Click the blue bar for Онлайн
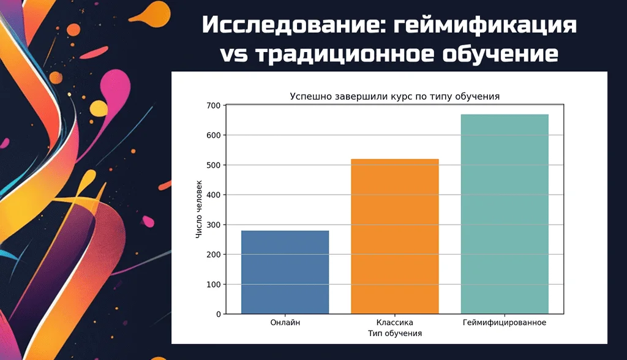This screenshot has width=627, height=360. click(285, 272)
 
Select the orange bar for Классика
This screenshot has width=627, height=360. click(394, 236)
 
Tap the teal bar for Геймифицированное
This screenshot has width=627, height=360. click(504, 214)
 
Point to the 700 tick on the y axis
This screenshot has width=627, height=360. click(214, 105)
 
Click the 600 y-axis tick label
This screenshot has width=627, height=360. click(214, 135)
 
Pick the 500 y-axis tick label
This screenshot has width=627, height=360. click(214, 165)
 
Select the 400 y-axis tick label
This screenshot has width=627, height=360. click(214, 195)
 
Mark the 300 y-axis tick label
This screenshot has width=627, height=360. click(214, 225)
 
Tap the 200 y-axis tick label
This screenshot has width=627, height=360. click(214, 255)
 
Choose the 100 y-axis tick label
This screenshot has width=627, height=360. click(214, 285)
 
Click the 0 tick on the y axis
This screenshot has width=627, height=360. click(219, 314)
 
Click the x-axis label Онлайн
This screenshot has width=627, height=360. click(285, 323)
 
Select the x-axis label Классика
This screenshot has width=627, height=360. click(394, 323)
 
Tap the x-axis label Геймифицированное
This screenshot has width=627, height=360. click(504, 323)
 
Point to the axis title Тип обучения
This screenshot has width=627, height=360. click(395, 334)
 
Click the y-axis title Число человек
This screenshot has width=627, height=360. click(199, 209)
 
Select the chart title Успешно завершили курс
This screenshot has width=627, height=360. click(395, 96)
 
